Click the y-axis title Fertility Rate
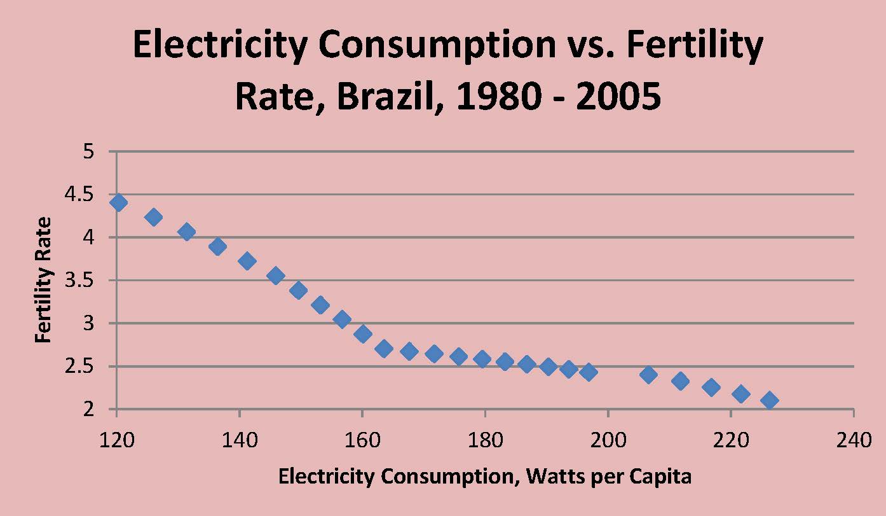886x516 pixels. [x=43, y=281]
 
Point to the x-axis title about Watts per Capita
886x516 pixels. [x=484, y=476]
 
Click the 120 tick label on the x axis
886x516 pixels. [x=116, y=440]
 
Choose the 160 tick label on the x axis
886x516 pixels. [x=362, y=440]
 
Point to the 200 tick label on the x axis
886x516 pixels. [x=608, y=440]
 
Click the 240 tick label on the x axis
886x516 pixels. [x=853, y=440]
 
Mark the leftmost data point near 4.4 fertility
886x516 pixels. [x=118, y=203]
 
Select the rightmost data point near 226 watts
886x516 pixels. [x=769, y=400]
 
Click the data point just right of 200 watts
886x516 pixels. [x=648, y=375]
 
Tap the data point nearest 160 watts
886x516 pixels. [x=363, y=334]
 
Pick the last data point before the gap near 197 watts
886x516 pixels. [x=589, y=372]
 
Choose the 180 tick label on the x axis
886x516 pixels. [x=485, y=440]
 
